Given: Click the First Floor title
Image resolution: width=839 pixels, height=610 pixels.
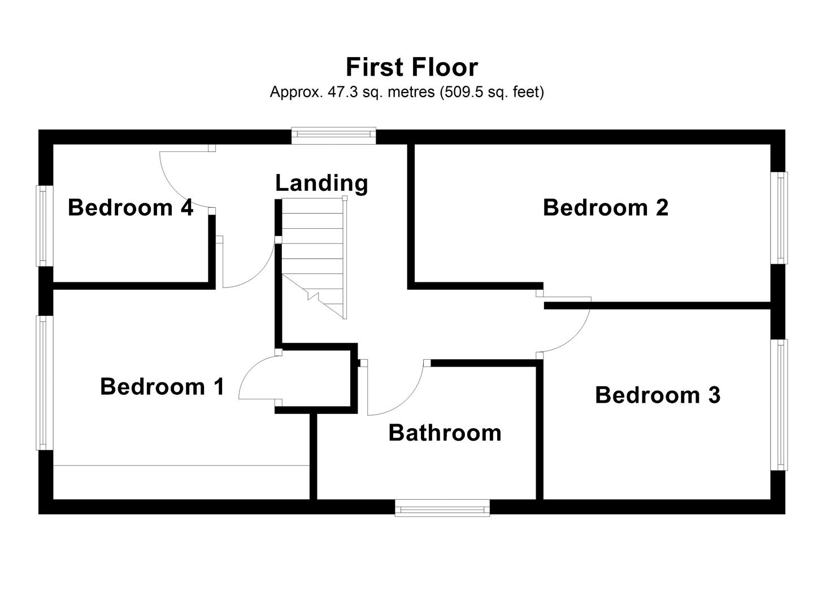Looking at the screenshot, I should (x=411, y=67).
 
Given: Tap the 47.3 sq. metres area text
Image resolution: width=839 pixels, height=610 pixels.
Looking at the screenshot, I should (x=407, y=92).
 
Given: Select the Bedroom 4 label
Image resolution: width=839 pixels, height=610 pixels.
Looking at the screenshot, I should (x=131, y=208).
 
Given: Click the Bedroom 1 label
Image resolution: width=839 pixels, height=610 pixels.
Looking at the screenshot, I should (x=162, y=387).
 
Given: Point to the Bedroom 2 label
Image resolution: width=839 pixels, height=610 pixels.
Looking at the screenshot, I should (x=606, y=208).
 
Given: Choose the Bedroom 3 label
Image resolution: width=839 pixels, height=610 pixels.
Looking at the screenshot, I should (x=658, y=395).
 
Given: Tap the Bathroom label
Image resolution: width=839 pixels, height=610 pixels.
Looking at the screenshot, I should (x=445, y=433).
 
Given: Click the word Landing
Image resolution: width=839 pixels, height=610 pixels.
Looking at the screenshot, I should (x=321, y=184).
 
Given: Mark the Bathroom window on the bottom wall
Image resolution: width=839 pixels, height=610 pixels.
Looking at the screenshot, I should (x=442, y=508).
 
